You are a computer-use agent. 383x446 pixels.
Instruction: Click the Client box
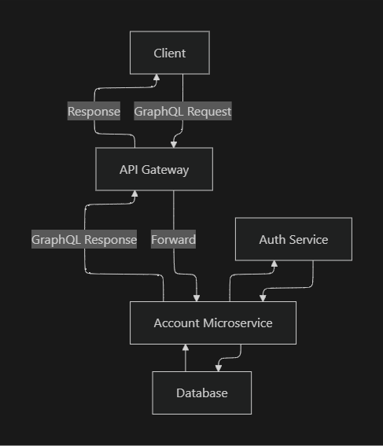point(170,53)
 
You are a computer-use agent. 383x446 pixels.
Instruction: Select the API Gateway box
point(154,169)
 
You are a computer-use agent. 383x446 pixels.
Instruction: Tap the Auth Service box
point(293,239)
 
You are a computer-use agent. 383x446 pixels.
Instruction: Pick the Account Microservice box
point(213,323)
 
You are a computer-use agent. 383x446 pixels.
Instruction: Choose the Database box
point(201,393)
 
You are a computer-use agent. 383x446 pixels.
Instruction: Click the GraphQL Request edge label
point(182,112)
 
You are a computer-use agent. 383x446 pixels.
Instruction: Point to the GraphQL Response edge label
point(84,239)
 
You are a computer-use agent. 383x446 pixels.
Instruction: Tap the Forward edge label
point(173,239)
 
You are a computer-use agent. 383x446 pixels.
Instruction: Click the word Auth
point(272,239)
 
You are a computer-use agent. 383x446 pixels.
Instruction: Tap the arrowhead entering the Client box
point(157,78)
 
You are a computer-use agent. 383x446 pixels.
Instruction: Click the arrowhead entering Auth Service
point(274,264)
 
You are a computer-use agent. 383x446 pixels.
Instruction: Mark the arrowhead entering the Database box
point(218,368)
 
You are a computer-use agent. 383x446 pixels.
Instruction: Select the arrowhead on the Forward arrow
point(196,298)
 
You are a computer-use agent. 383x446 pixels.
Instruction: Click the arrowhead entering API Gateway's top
point(172,144)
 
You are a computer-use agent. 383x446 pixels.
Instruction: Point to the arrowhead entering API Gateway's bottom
point(134,194)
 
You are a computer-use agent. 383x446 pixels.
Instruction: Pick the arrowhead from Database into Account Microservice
point(186,348)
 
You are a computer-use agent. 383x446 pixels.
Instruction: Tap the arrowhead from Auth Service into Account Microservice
point(262,298)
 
